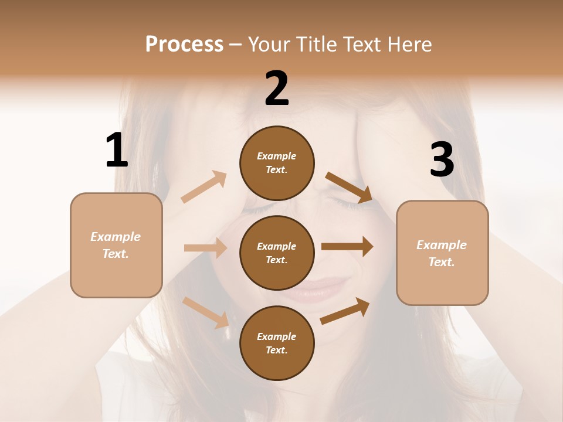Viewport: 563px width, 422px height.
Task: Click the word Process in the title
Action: point(184,44)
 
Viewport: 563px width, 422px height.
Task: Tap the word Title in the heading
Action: point(316,44)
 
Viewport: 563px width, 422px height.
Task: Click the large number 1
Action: point(117,151)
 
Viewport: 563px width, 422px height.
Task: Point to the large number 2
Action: point(277,89)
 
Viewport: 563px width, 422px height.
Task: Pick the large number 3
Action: point(442,160)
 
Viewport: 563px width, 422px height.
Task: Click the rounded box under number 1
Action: point(116,245)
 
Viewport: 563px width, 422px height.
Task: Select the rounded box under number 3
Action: point(442,253)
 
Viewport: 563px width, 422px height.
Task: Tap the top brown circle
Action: point(277,163)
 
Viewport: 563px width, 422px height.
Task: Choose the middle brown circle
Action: point(277,253)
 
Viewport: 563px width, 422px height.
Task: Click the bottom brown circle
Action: point(277,343)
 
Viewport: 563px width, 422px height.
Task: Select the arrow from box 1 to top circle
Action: point(204,186)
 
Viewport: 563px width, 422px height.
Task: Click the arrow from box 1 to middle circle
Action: point(205,248)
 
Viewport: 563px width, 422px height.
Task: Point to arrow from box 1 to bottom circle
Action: point(206,312)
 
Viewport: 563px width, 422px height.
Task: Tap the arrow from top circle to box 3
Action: point(349,187)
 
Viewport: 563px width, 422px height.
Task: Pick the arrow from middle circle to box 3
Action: point(347,247)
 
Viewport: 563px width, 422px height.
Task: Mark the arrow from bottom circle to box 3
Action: point(345,311)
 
